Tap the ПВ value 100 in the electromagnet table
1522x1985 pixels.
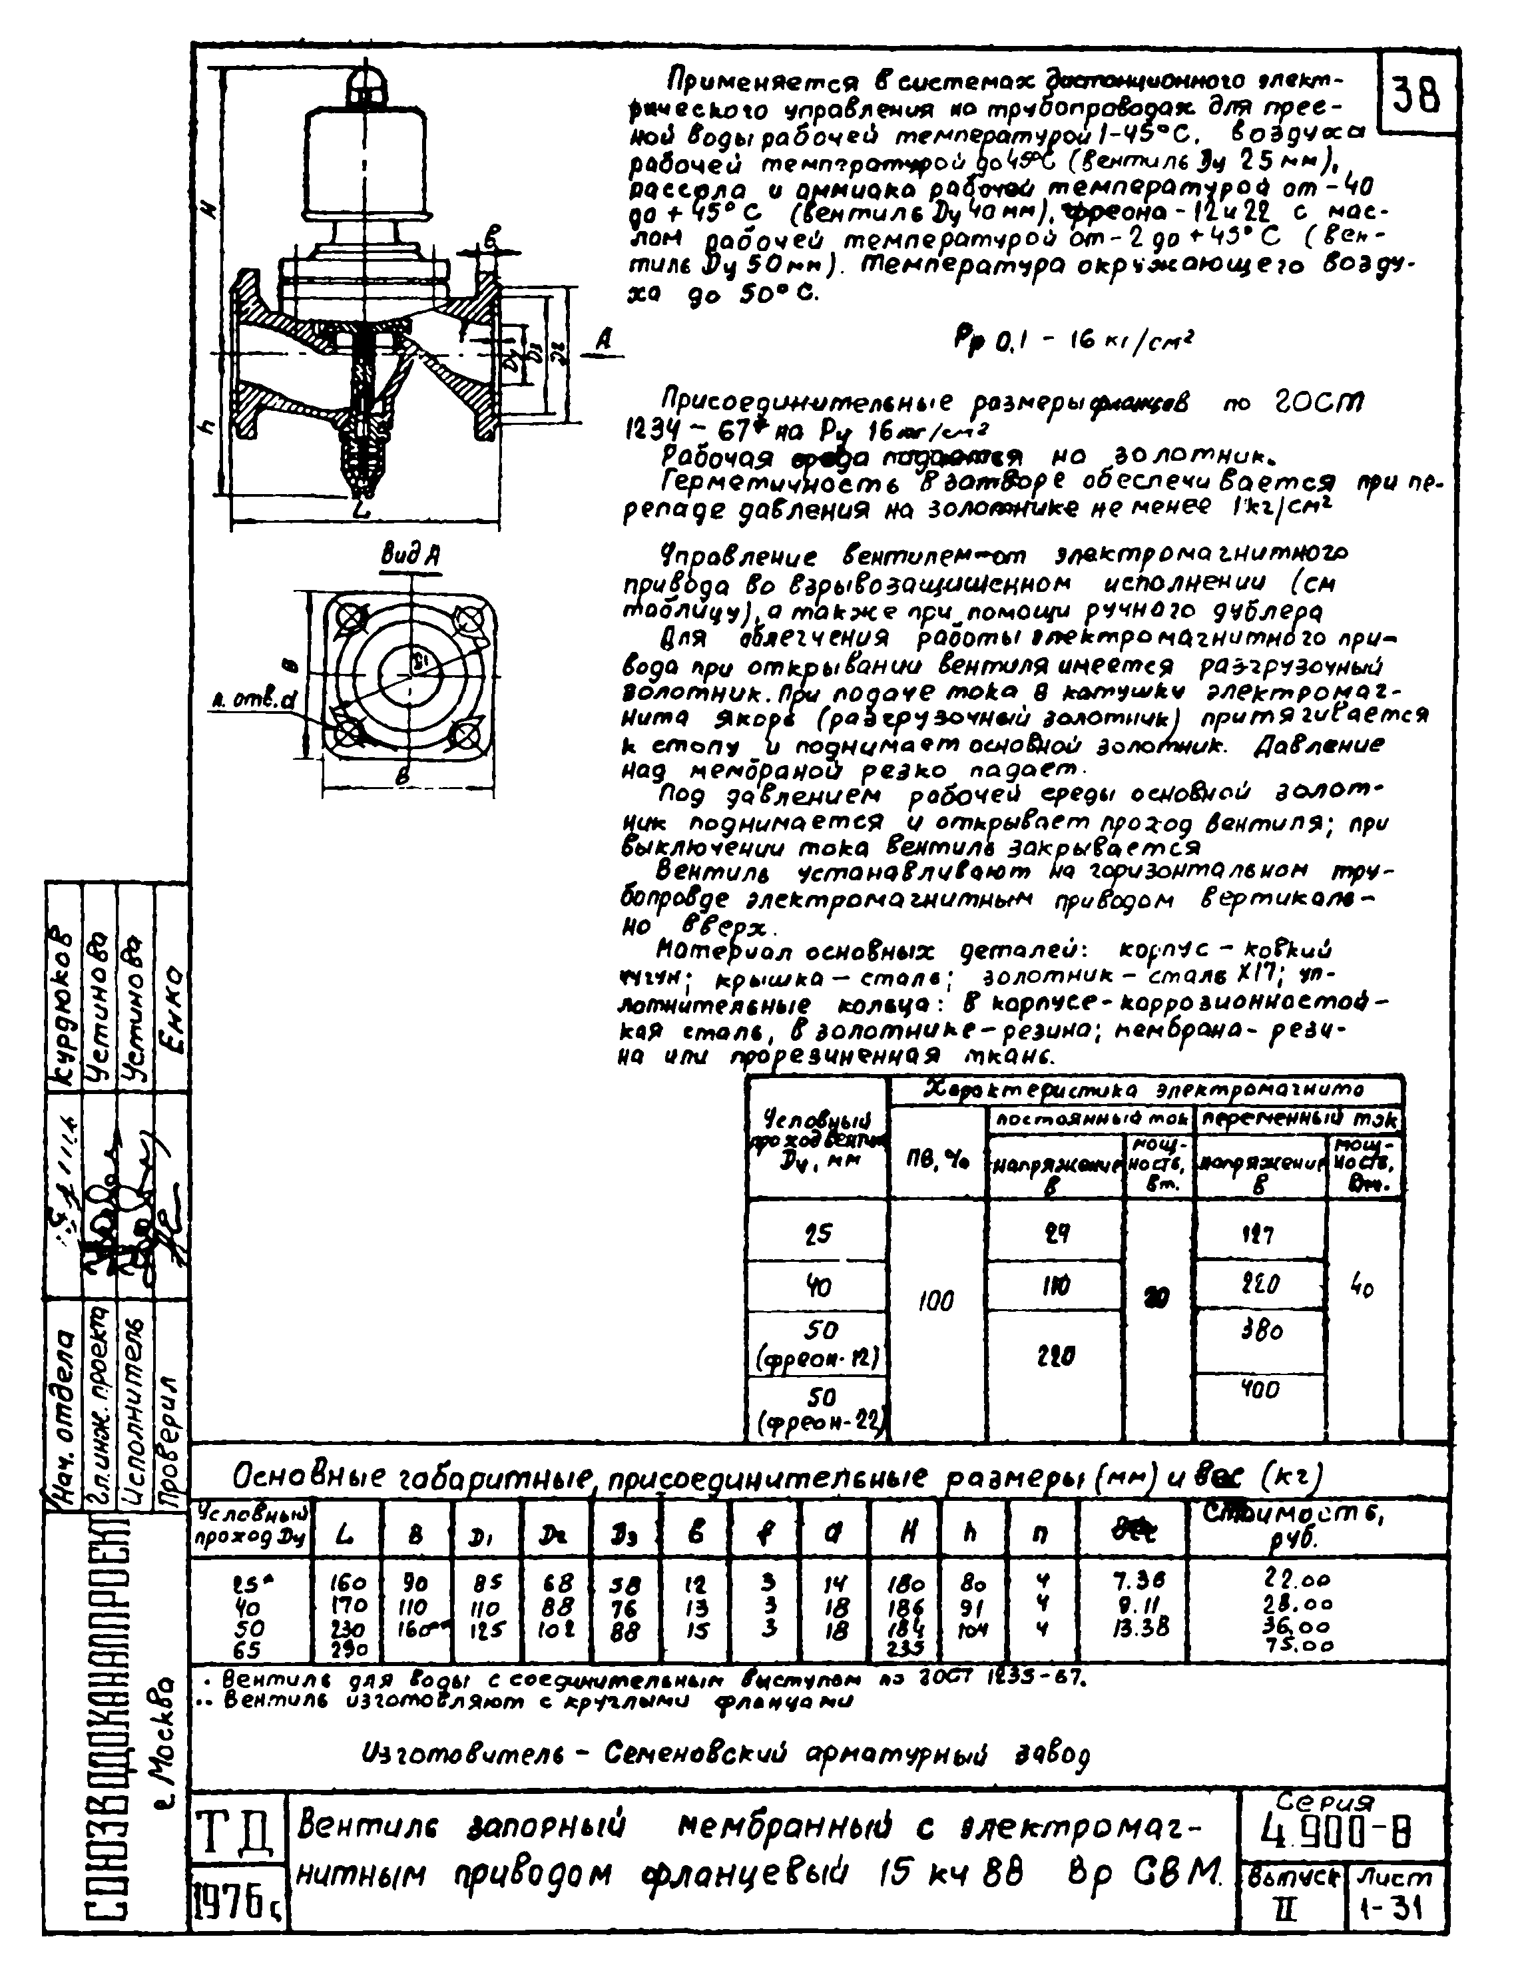(x=937, y=1301)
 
